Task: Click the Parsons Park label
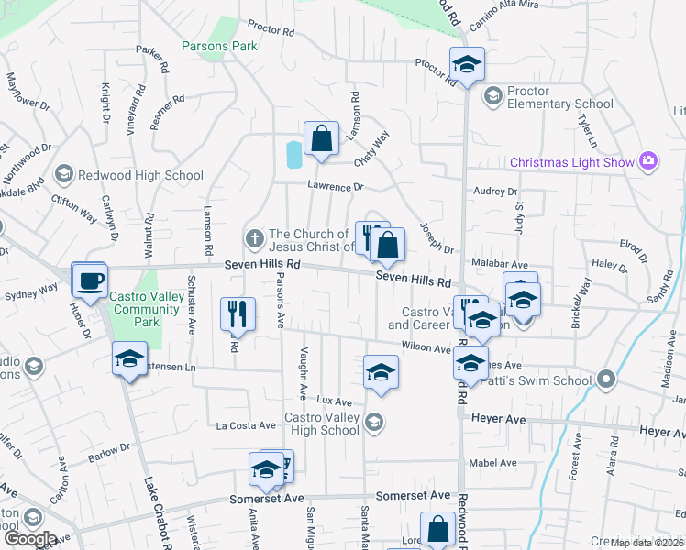click(219, 45)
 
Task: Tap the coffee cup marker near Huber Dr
click(91, 280)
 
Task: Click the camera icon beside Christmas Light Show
click(648, 161)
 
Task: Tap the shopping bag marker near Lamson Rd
click(322, 139)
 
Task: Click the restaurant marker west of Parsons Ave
click(237, 313)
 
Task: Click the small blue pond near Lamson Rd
click(293, 155)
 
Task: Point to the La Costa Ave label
click(246, 425)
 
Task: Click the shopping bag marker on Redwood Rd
click(437, 528)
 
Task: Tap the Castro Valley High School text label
click(321, 423)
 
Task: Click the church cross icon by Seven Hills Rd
click(254, 239)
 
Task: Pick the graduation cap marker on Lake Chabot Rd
click(129, 358)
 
